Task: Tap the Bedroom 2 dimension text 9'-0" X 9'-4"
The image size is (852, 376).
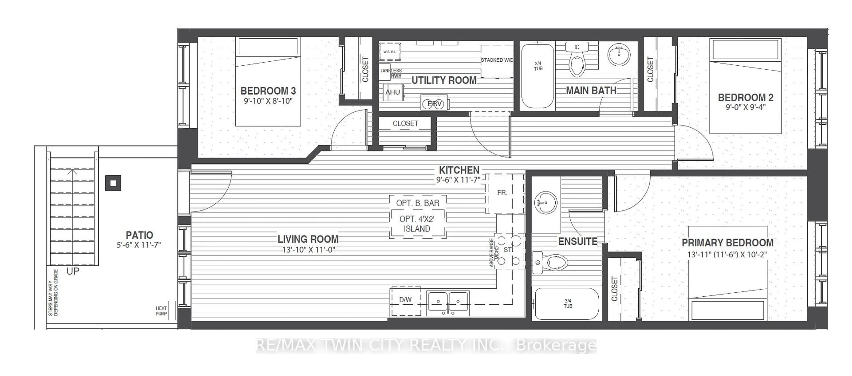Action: [745, 107]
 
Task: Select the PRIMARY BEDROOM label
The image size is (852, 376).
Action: [727, 243]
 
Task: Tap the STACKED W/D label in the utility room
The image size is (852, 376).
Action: [497, 60]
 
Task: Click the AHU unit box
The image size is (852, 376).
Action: [392, 92]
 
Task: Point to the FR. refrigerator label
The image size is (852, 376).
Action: [502, 193]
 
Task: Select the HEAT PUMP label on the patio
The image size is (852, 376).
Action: [161, 311]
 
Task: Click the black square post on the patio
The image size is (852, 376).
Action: [113, 183]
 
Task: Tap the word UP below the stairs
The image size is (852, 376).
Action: [73, 272]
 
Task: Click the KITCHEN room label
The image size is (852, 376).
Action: [459, 170]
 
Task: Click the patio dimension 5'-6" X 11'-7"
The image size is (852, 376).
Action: [139, 245]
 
